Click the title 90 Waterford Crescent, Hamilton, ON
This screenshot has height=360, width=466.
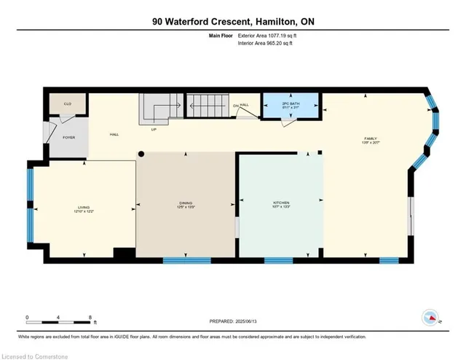point(233,22)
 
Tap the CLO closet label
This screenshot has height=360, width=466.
point(67,104)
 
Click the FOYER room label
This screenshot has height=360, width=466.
point(68,137)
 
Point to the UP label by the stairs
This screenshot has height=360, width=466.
point(154,130)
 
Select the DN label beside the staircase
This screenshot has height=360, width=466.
point(236,106)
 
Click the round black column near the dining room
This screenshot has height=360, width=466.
point(142,154)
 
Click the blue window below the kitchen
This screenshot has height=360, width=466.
point(278,260)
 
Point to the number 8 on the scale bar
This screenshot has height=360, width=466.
point(89,318)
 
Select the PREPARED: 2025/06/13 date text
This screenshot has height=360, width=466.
point(233,321)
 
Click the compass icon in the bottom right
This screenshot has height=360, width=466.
point(430,318)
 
